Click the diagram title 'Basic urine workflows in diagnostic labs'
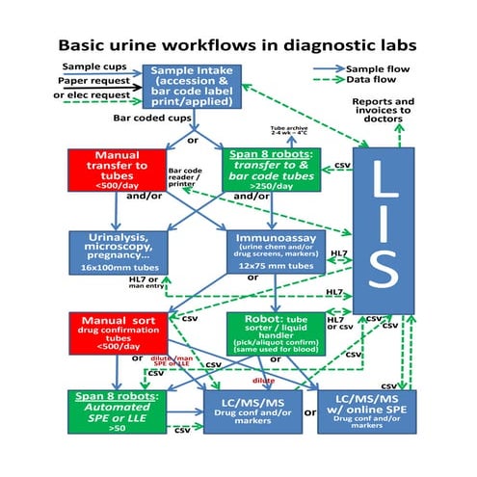(239, 44)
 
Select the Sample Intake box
(193, 86)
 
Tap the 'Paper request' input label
(86, 83)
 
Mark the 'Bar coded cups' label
(152, 119)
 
